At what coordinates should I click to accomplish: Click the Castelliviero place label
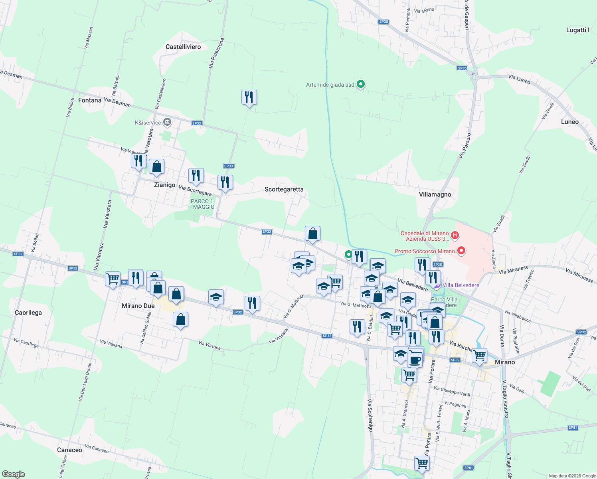[183, 47]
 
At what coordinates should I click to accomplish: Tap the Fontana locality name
[90, 100]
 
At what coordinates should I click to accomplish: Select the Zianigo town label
[164, 185]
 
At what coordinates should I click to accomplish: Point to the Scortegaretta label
[284, 189]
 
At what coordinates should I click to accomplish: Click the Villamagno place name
[435, 194]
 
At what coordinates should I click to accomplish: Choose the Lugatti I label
[577, 30]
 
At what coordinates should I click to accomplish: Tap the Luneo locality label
[569, 122]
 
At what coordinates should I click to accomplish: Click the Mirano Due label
[138, 306]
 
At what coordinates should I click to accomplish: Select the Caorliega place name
[28, 313]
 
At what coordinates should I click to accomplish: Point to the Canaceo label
[69, 450]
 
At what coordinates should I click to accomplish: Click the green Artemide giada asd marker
[361, 84]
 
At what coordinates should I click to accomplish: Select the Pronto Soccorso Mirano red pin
[461, 251]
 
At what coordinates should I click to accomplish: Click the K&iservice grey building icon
[167, 122]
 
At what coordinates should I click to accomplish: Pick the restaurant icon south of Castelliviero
[249, 97]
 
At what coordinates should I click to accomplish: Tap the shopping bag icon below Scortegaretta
[312, 234]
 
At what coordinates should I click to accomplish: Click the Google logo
[14, 474]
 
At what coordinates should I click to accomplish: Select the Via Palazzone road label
[216, 53]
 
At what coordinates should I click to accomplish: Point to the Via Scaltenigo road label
[370, 415]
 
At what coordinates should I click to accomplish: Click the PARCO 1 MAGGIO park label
[203, 204]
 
